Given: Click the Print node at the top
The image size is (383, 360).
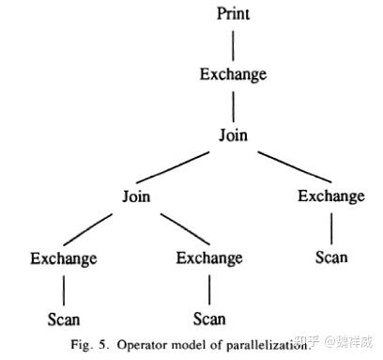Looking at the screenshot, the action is (x=233, y=14).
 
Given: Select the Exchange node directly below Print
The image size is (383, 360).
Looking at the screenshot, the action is (x=233, y=74).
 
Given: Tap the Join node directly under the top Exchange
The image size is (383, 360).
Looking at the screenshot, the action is (x=233, y=135).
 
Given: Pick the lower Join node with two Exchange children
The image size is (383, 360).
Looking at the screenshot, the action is (x=136, y=196).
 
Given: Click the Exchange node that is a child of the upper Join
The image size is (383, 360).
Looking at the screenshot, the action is (x=331, y=196).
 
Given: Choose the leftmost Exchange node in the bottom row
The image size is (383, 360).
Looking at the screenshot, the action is (x=64, y=258).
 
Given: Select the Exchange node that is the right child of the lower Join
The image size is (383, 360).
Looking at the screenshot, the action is (x=209, y=258).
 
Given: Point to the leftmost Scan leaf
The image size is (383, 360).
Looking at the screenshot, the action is (x=64, y=320).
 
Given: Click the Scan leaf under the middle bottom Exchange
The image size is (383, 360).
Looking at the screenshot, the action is (x=209, y=319).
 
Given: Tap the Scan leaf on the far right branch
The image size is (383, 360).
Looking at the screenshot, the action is (x=331, y=258).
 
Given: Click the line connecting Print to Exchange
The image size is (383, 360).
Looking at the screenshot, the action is (x=233, y=46).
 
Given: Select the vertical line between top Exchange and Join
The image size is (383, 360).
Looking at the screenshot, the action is (x=233, y=106).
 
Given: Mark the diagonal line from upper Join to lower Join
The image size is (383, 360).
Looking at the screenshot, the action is (x=173, y=167).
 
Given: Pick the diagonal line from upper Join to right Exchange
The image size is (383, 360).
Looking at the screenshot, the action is (x=295, y=167).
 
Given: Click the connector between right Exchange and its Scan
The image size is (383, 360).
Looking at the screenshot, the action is (x=331, y=228).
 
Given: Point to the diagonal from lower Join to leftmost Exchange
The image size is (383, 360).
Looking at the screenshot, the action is (x=88, y=229).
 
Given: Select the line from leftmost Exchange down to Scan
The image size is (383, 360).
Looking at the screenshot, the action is (x=64, y=290).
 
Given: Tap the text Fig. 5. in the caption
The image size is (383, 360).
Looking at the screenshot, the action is (x=90, y=345).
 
